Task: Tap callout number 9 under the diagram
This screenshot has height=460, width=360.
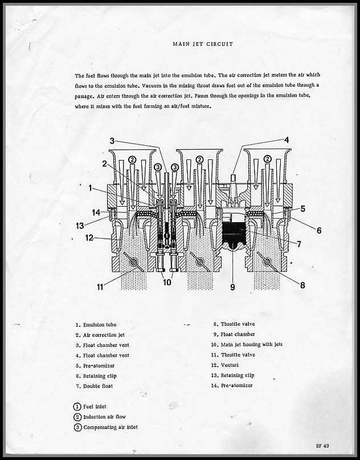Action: pos(232,287)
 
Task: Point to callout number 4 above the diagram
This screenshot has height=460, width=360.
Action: pos(287,139)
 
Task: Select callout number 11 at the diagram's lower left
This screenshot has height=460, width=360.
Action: pos(100,286)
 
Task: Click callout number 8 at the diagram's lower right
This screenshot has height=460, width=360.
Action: pos(302,285)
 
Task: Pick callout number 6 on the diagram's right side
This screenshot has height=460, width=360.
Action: pos(318,230)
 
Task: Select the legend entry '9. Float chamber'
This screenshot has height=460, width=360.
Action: pos(234,334)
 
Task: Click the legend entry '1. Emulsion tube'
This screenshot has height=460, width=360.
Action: pos(95,325)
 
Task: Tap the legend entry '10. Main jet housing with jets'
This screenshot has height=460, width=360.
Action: pos(246,344)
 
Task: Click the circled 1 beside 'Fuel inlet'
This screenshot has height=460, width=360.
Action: pos(77,406)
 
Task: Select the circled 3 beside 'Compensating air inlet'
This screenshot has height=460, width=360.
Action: pos(77,427)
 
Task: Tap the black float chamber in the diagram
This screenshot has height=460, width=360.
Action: pos(232,236)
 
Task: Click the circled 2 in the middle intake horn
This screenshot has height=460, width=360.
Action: pos(199,159)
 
